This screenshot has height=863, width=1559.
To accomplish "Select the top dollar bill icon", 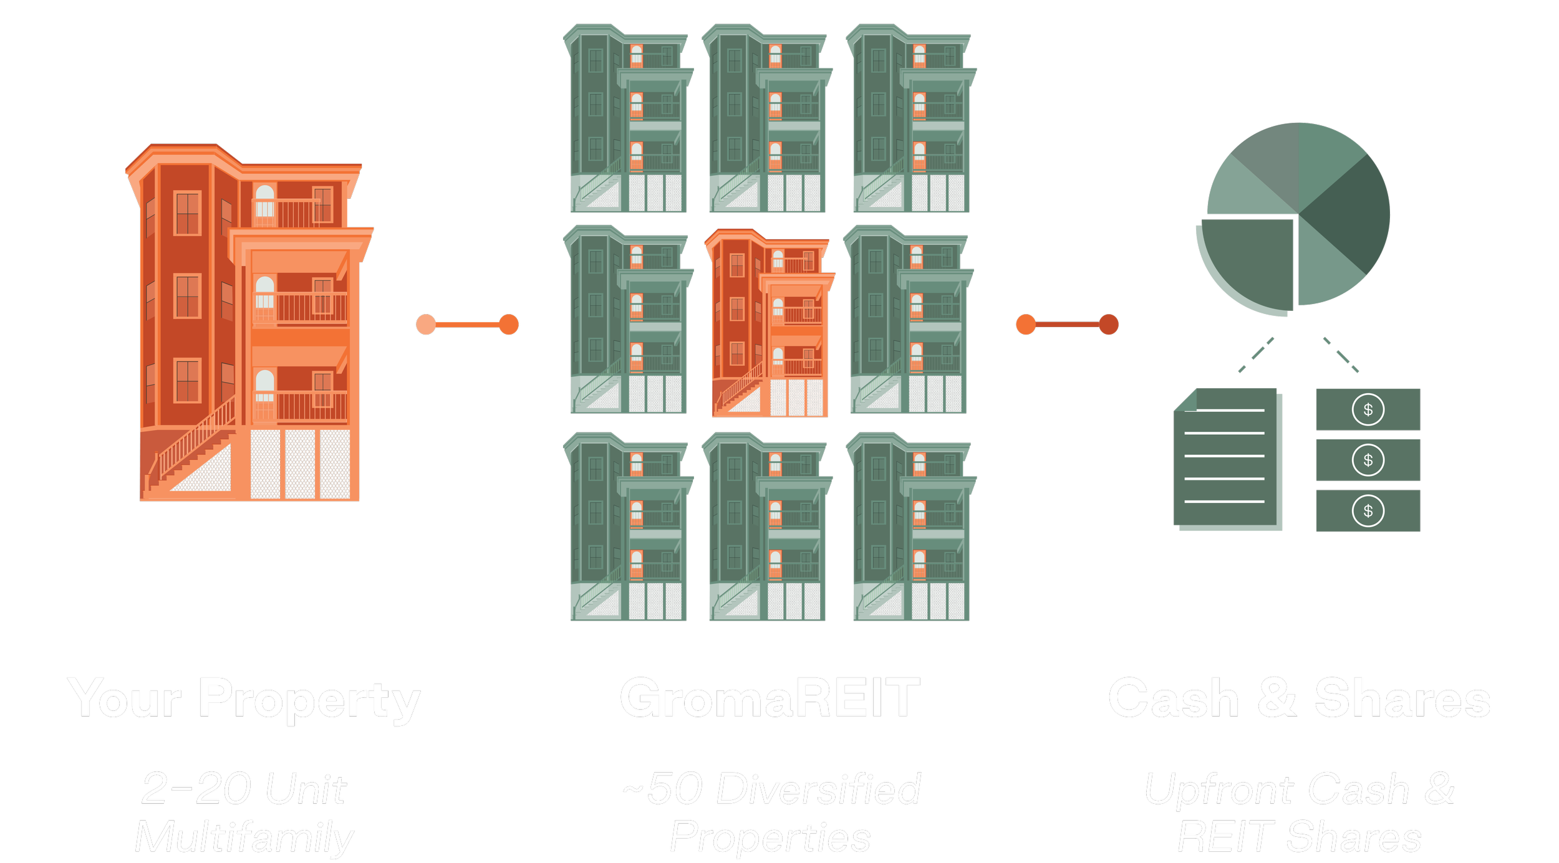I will pyautogui.click(x=1368, y=409).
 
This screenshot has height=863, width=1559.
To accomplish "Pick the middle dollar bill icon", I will pyautogui.click(x=1368, y=460).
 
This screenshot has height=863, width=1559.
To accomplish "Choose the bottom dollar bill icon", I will pyautogui.click(x=1368, y=511).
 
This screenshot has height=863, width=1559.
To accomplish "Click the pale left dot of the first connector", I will pyautogui.click(x=426, y=324).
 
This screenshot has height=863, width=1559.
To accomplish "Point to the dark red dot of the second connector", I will pyautogui.click(x=1109, y=324).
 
